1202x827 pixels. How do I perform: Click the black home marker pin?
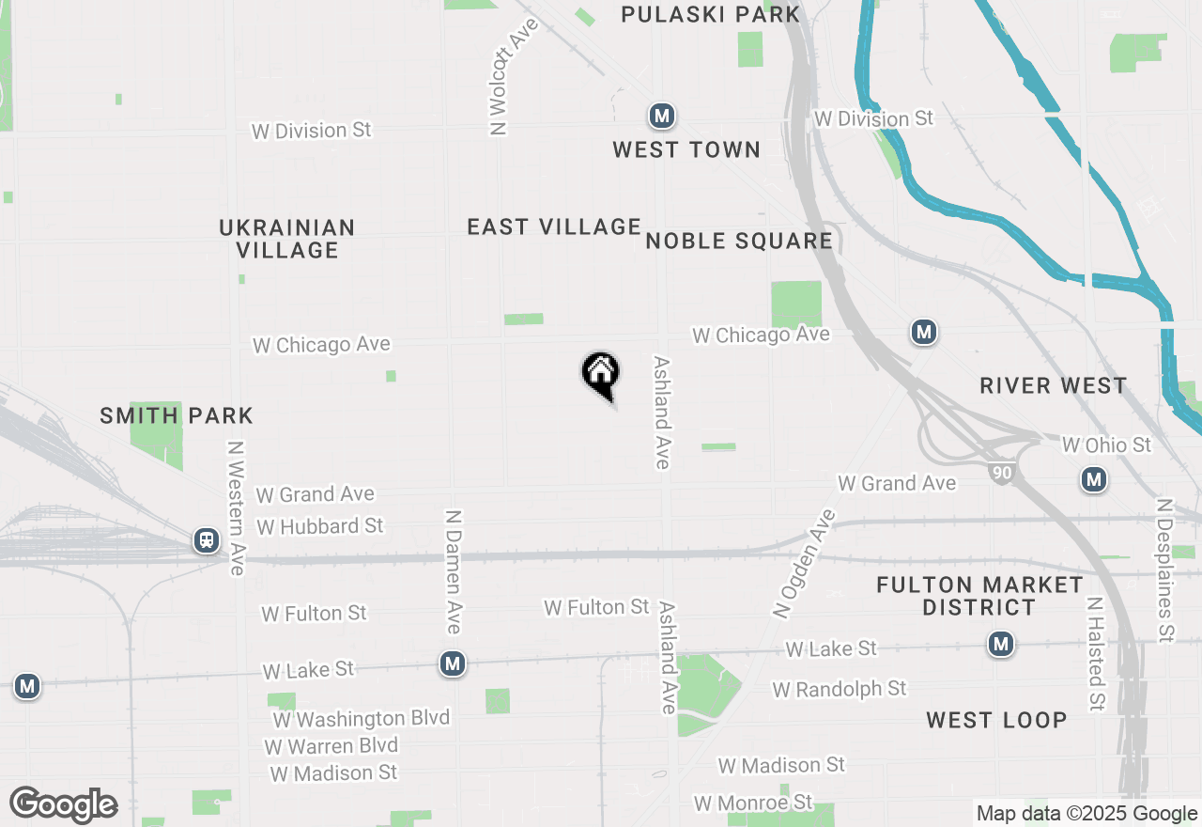tap(600, 373)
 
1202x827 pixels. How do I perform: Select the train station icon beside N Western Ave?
tap(206, 540)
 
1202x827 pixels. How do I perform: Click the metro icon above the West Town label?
tap(662, 117)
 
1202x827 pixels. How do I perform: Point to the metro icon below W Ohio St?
tap(1093, 480)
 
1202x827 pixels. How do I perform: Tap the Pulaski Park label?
tap(711, 14)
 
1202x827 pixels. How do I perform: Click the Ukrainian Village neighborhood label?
tap(287, 239)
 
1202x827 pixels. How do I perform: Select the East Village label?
tap(554, 226)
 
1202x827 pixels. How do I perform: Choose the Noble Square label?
tap(739, 242)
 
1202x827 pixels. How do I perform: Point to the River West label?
tap(1053, 385)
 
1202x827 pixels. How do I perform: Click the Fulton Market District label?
tap(979, 596)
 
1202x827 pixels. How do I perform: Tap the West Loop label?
tap(996, 720)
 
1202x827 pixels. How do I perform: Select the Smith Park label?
tap(177, 415)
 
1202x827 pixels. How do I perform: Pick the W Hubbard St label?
tap(320, 526)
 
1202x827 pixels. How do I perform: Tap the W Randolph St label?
tap(840, 689)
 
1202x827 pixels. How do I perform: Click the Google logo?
tap(64, 804)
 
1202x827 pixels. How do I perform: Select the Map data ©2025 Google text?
tap(1086, 814)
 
